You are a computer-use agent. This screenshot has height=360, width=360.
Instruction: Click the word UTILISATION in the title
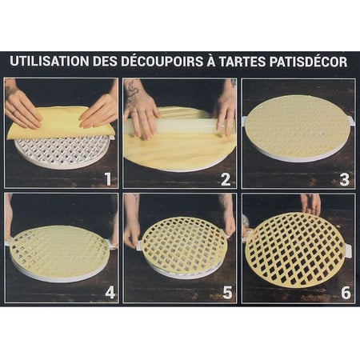click(x=50, y=61)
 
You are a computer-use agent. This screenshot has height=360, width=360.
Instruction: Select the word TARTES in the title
click(x=242, y=61)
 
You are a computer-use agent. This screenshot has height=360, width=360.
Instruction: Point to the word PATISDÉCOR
click(x=308, y=61)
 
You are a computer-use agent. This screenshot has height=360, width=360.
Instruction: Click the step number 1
click(x=107, y=179)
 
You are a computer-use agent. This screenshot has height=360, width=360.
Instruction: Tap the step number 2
click(x=226, y=179)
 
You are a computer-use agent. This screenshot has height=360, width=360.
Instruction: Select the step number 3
click(x=344, y=179)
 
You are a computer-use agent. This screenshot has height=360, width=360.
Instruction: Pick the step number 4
click(x=110, y=293)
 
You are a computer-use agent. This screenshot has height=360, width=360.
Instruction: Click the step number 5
click(x=227, y=293)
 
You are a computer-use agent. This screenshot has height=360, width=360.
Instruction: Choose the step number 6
click(x=346, y=293)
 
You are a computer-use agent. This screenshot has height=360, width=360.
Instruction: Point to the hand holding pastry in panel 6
click(x=311, y=204)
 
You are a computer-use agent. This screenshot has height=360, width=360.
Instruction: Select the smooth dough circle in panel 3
click(x=298, y=126)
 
